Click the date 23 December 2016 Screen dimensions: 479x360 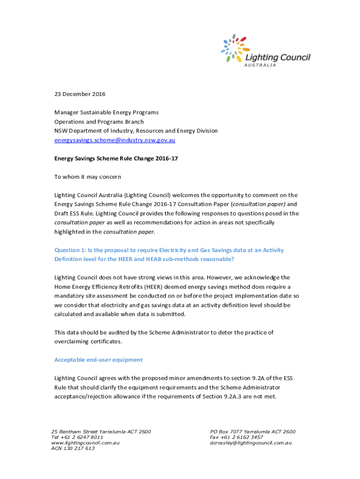coord(80,94)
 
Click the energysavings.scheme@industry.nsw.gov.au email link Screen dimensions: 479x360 coord(115,140)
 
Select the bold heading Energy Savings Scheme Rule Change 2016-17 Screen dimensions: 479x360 coord(116,159)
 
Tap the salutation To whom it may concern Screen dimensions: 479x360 coord(87,177)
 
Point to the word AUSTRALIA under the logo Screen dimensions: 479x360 coord(260,65)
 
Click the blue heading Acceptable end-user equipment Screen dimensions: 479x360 coord(99,360)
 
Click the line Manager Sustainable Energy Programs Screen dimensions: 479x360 coord(106,112)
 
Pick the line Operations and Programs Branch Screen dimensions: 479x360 coord(99,122)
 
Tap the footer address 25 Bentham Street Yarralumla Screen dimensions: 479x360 coord(101,432)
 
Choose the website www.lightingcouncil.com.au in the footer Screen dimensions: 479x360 coord(85,443)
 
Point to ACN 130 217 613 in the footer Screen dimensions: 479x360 coord(72,448)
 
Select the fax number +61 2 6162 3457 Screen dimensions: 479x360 coord(242,437)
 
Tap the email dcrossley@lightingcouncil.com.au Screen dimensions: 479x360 coord(251,443)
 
